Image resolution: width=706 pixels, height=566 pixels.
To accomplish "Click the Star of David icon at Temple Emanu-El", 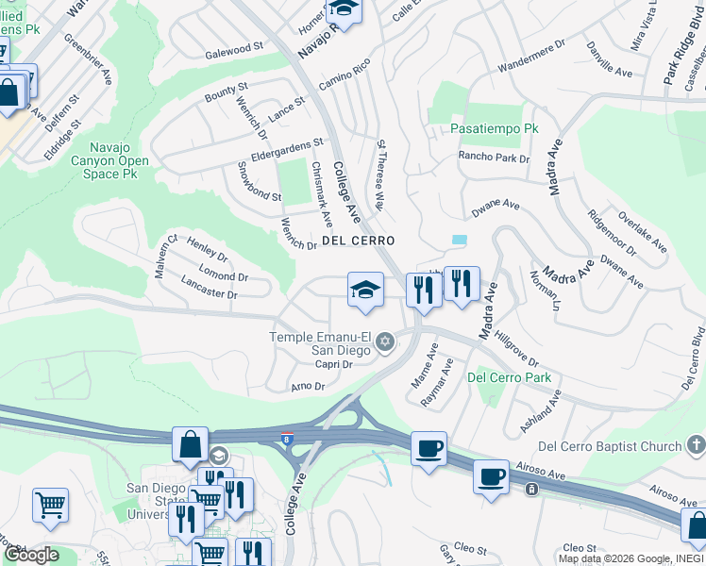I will (x=384, y=341).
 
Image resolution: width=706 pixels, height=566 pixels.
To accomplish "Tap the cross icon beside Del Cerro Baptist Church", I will (x=696, y=444).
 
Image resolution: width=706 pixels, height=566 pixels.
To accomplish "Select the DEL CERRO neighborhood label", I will (x=358, y=241).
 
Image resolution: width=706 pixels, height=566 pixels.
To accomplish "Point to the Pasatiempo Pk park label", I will (x=494, y=128).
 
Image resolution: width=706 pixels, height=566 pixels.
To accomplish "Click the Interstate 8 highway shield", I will (x=287, y=439).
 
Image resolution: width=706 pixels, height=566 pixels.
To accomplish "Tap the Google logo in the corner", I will (x=31, y=555).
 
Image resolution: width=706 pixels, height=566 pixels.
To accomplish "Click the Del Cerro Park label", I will (x=509, y=378).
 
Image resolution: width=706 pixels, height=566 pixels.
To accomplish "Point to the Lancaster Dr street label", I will (x=209, y=289).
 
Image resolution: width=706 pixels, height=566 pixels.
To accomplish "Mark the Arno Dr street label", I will (x=308, y=386).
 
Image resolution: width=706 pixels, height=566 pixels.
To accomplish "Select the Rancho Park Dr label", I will (x=494, y=158).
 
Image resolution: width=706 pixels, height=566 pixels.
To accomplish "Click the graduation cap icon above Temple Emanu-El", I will (x=365, y=290).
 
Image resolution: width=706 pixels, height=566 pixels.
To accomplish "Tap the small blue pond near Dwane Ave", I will (x=459, y=241).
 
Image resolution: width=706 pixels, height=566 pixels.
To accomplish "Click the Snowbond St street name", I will (x=258, y=181).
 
